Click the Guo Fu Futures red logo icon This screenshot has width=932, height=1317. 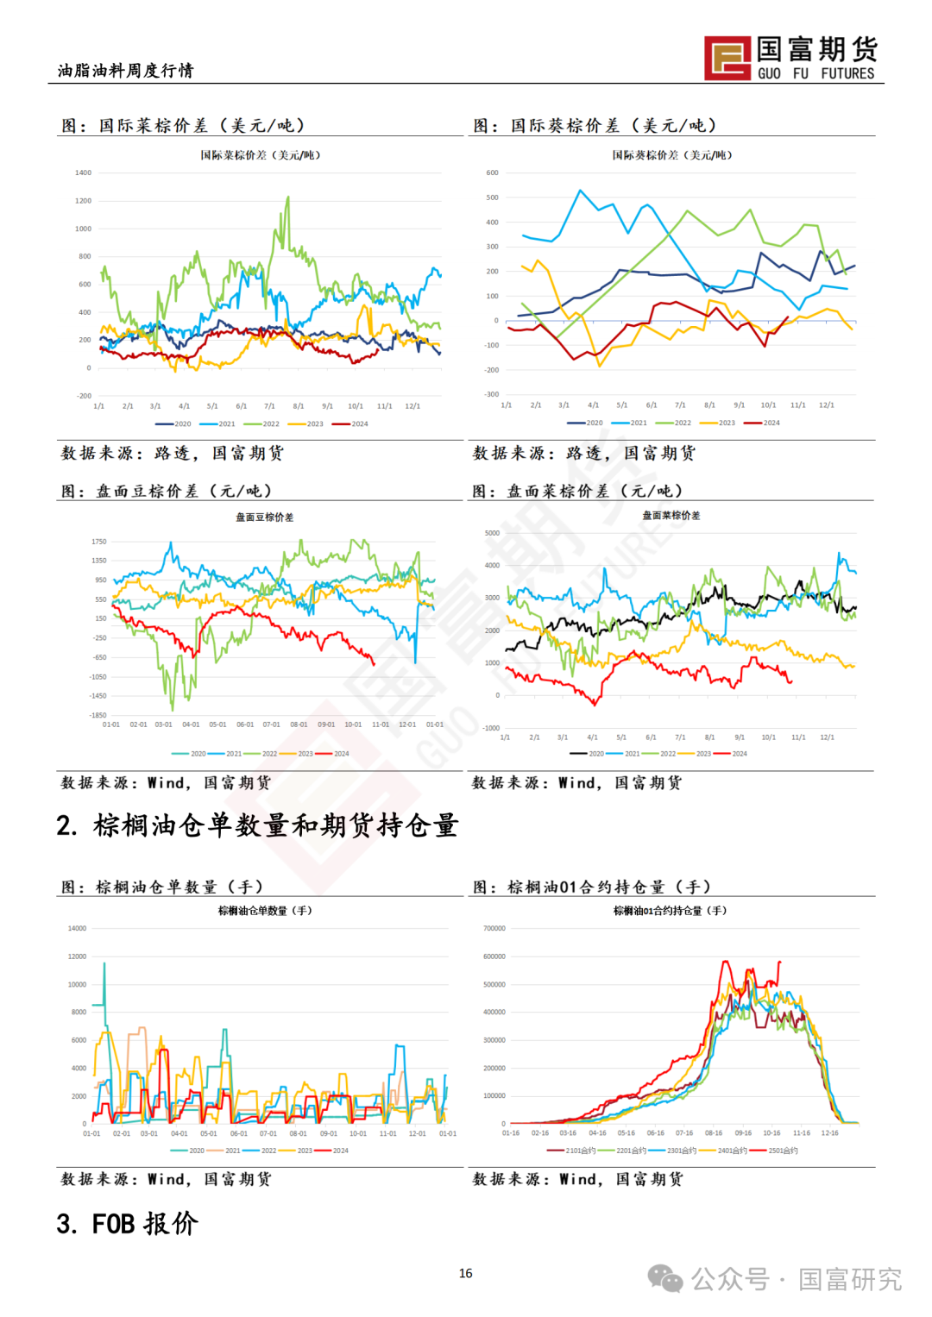pos(727,59)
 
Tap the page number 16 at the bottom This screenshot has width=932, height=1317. pos(466,1273)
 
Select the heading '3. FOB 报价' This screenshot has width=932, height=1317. pos(128,1223)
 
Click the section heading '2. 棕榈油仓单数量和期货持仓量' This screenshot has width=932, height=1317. pos(257,825)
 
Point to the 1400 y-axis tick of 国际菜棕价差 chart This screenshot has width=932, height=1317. pos(83,172)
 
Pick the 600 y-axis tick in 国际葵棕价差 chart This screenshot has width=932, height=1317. pos(492,172)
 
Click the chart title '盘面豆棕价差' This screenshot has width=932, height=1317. pos(265,517)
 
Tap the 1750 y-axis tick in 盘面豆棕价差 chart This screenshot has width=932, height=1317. pos(98,542)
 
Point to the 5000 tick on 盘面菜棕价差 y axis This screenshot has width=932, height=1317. pos(492,533)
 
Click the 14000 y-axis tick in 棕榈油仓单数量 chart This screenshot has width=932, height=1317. pos(77,928)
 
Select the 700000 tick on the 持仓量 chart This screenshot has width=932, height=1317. pos(494,928)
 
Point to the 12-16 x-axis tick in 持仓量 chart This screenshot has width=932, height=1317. pos(829,1133)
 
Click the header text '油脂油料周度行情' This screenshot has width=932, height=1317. pos(126,71)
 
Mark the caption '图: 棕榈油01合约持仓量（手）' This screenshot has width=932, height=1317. pos(592,887)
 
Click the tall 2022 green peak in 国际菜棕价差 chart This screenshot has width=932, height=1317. pos(287,198)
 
